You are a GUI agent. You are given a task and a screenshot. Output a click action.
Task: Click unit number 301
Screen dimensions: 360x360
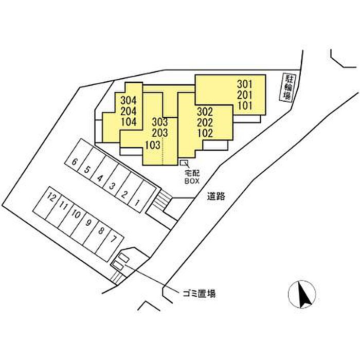tap(245, 83)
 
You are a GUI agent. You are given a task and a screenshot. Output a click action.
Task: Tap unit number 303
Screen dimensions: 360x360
tap(160, 122)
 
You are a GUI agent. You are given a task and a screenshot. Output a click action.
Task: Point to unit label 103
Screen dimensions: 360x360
tap(153, 145)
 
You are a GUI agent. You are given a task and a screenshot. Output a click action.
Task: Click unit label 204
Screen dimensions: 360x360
tap(129, 111)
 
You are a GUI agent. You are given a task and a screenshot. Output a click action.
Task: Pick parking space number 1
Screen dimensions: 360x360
tap(137, 202)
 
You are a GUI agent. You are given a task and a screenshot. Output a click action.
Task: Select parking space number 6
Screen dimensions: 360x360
tap(75, 163)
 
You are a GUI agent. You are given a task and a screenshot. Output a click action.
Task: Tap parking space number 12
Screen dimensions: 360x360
tap(51, 197)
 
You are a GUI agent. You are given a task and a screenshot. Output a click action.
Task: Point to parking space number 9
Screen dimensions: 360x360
tap(88, 223)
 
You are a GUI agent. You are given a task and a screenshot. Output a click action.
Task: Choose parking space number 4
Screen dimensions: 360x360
tap(100, 178)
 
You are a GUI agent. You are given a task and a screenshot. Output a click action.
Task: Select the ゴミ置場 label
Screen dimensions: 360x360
tap(198, 294)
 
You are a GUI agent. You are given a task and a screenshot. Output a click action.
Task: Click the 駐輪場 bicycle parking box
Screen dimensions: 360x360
tap(287, 89)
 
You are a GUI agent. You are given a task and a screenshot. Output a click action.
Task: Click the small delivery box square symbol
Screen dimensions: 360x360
tap(183, 163)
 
